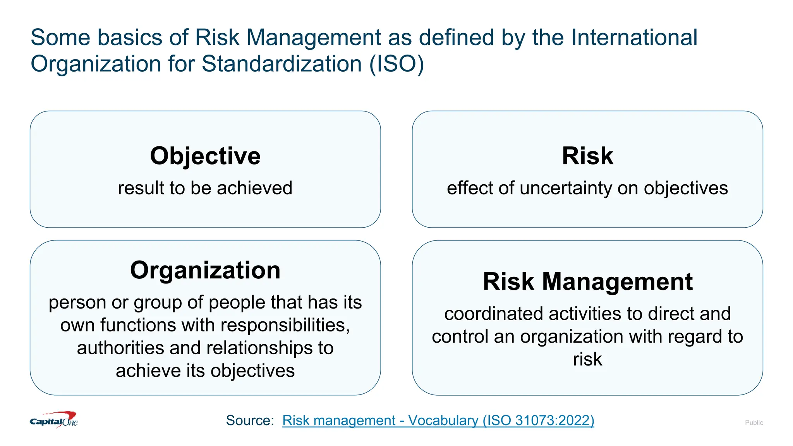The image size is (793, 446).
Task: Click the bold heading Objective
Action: (205, 156)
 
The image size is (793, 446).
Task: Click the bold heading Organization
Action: (205, 270)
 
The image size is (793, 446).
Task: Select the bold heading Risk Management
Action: (587, 281)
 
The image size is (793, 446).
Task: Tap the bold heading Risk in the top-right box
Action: (587, 156)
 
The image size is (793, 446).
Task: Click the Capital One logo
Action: (54, 420)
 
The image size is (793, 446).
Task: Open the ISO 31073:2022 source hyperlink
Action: (438, 420)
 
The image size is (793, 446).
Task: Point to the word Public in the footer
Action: (754, 423)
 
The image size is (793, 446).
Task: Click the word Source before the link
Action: (249, 420)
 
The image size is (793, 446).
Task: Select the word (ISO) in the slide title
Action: (396, 64)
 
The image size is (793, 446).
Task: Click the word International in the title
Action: (634, 38)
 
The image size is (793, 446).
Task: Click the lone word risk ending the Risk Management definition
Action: (587, 359)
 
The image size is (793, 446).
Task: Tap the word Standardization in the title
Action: (282, 64)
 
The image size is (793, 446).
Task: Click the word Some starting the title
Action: (60, 38)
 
